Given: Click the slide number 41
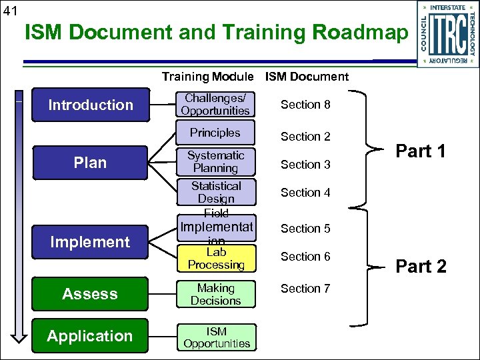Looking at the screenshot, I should (11, 10).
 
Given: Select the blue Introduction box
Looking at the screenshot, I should (90, 105).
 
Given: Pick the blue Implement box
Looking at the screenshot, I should (90, 242).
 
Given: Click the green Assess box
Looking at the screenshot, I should (90, 294).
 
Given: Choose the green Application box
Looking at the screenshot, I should (90, 336).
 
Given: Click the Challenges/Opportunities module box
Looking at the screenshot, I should (215, 105).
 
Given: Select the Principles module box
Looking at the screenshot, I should (215, 133).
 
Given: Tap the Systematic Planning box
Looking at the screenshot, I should (215, 162).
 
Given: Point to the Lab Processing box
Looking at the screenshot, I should (215, 259).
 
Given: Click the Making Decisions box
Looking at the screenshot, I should (215, 295).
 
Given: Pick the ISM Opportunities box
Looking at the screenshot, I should (217, 337).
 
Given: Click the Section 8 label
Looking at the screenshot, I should (305, 105).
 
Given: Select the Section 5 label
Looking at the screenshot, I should (305, 229).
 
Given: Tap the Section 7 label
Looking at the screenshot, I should (305, 289).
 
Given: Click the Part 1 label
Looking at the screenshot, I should (421, 151).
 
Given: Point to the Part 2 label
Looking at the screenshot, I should (421, 267).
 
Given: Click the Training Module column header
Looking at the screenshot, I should (207, 77).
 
